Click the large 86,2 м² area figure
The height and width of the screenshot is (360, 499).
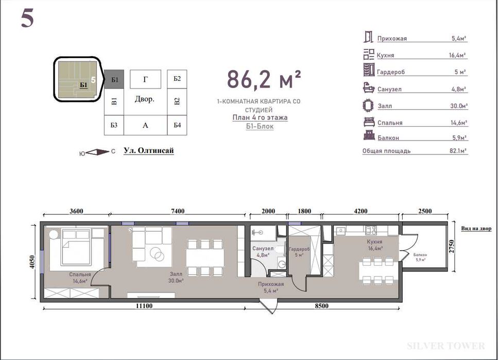coord(264,80)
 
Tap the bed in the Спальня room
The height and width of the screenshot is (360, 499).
coord(76,247)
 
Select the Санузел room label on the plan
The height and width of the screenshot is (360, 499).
coord(263,248)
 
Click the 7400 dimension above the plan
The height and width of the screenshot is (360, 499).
coord(178,211)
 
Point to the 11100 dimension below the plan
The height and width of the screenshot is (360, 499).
coord(144,306)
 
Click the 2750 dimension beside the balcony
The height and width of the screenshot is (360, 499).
coord(452,246)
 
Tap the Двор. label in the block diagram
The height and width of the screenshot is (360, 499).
coord(145,99)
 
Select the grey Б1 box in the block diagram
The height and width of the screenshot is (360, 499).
coord(114,79)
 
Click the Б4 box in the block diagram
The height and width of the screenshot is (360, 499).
coord(177,125)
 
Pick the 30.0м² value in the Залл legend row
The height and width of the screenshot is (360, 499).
coord(459,106)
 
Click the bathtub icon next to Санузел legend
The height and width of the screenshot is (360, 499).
coord(369,88)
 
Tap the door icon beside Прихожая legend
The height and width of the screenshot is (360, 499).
coord(368,37)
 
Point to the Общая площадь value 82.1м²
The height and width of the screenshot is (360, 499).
coord(458,150)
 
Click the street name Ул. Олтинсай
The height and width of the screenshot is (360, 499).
coord(149,150)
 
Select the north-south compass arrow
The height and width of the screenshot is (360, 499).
coord(97,152)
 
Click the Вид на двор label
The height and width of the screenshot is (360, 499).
coord(476,229)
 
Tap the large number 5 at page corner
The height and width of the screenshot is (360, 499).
coord(27,18)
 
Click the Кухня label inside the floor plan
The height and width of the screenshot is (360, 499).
coord(374,242)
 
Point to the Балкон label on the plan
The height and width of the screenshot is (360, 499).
coord(420,255)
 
